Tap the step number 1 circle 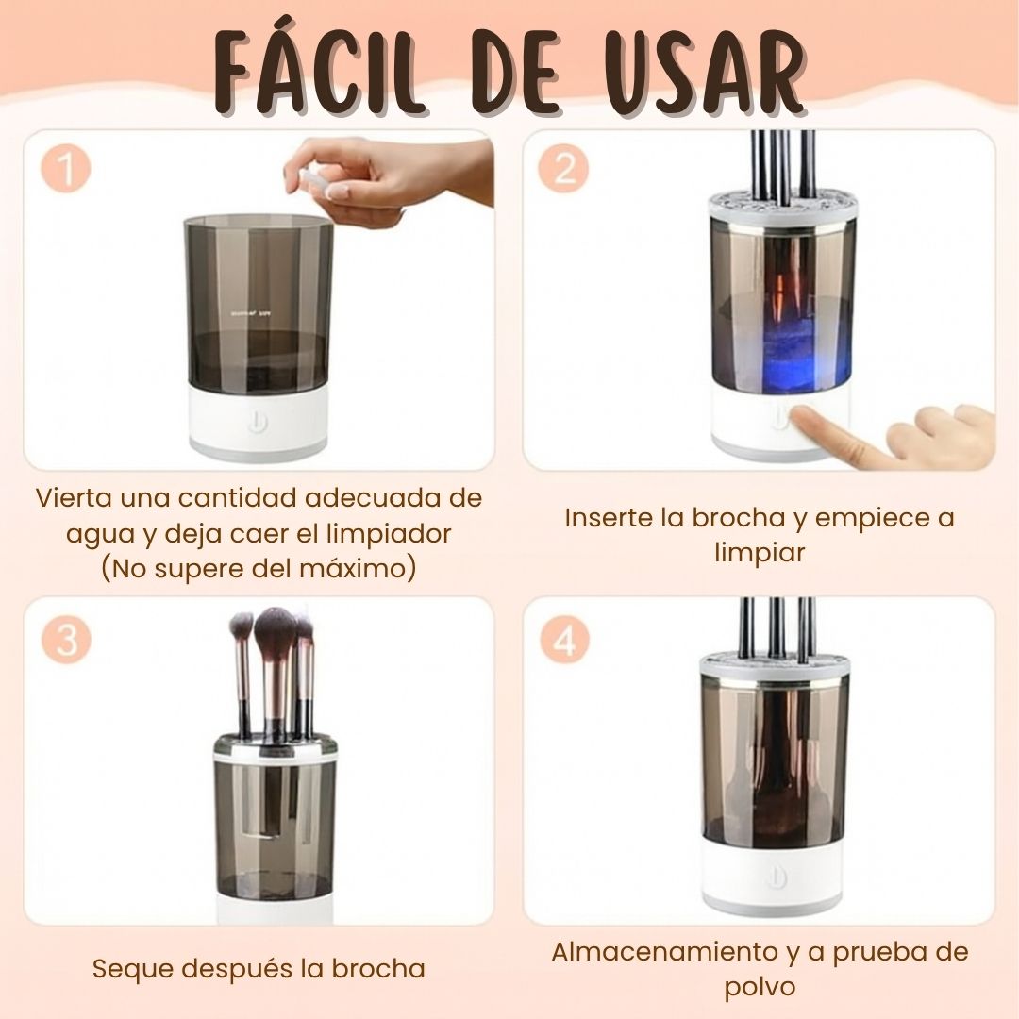(66, 170)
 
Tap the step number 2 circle (564, 170)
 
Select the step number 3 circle (66, 640)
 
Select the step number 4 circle (564, 640)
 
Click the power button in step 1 (258, 423)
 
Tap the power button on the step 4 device (776, 877)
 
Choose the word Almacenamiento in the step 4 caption (664, 952)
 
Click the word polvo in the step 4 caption (760, 987)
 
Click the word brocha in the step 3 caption (378, 969)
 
